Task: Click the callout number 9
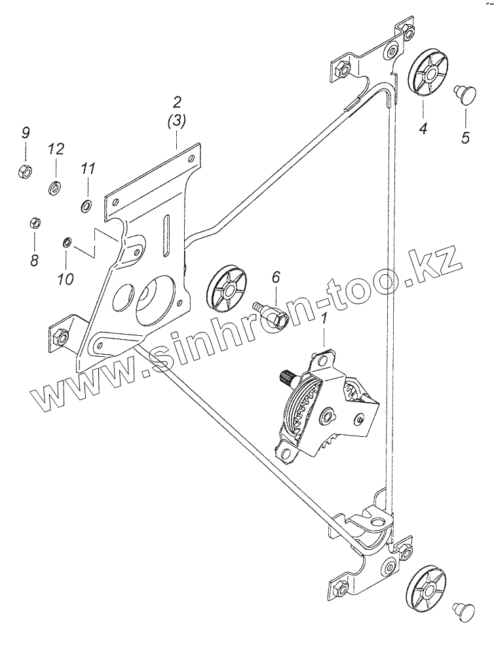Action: (x=26, y=133)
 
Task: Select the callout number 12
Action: (x=56, y=148)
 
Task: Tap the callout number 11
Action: (x=88, y=169)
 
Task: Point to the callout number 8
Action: (x=34, y=260)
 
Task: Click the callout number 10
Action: (x=66, y=278)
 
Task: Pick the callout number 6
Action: (x=276, y=277)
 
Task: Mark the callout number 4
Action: (x=423, y=129)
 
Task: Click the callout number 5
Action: (x=465, y=137)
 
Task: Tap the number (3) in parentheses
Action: (x=176, y=122)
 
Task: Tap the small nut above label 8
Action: (x=34, y=222)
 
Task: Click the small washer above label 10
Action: (x=66, y=242)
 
